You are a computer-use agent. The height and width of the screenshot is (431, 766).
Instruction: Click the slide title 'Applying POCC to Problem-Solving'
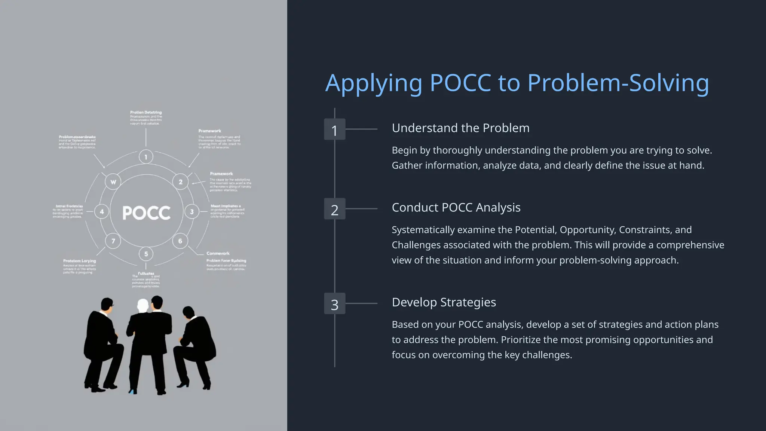pyautogui.click(x=517, y=83)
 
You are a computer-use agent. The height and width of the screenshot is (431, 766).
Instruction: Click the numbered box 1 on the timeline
pyautogui.click(x=334, y=129)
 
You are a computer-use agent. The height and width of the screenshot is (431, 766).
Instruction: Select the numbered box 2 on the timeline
pyautogui.click(x=334, y=209)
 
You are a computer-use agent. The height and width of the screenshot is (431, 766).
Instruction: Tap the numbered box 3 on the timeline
pyautogui.click(x=334, y=304)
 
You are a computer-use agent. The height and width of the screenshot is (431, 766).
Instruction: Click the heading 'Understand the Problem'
pyautogui.click(x=460, y=128)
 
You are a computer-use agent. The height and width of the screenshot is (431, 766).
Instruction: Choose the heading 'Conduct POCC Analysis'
pyautogui.click(x=456, y=207)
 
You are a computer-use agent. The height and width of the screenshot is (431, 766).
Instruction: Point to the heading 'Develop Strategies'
pyautogui.click(x=444, y=302)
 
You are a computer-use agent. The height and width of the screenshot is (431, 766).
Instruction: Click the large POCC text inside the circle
pyautogui.click(x=147, y=213)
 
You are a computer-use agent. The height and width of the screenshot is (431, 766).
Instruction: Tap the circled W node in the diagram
pyautogui.click(x=113, y=182)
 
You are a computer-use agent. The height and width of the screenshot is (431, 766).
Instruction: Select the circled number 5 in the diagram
pyautogui.click(x=146, y=254)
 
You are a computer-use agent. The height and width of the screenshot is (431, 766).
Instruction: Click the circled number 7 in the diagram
pyautogui.click(x=113, y=241)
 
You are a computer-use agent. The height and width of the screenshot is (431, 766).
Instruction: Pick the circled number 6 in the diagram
pyautogui.click(x=180, y=241)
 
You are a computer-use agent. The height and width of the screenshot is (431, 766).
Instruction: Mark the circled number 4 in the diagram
pyautogui.click(x=102, y=212)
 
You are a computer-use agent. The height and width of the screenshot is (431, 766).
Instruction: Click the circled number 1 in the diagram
pyautogui.click(x=146, y=157)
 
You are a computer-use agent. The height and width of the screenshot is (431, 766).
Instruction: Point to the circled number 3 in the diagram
pyautogui.click(x=192, y=212)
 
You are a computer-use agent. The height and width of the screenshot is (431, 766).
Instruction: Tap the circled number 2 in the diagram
pyautogui.click(x=181, y=182)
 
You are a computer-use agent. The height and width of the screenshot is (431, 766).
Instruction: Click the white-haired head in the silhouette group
pyautogui.click(x=143, y=306)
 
